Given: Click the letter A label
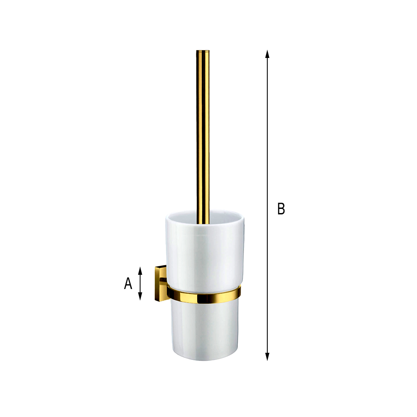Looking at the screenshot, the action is [x=128, y=283].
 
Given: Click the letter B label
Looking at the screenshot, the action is [x=281, y=208].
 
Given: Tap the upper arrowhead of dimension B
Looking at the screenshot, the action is [x=267, y=54].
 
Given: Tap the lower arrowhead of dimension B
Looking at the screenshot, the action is [x=267, y=357].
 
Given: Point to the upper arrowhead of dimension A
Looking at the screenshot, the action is [x=140, y=271].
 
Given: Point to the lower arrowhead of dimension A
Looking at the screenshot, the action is [x=140, y=296].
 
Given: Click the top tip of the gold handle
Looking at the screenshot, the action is [x=203, y=50].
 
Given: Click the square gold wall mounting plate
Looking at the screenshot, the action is [x=160, y=283].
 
